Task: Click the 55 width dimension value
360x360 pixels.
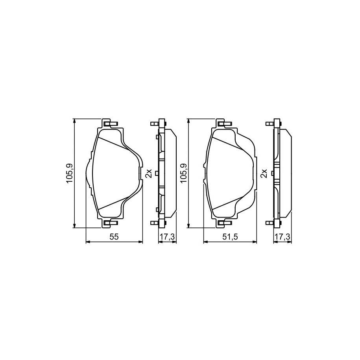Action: (x=114, y=237)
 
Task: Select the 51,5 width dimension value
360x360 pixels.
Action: (x=230, y=237)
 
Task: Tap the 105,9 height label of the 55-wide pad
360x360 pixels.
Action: (x=69, y=173)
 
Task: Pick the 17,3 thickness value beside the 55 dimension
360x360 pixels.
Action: (x=167, y=237)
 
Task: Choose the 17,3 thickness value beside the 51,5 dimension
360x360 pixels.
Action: (x=282, y=237)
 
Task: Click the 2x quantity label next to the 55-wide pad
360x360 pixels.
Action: (x=149, y=173)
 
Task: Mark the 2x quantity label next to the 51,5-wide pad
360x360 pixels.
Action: (x=264, y=173)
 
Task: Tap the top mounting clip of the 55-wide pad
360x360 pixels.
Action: (x=111, y=124)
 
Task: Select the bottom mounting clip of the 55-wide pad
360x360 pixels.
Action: (x=111, y=222)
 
